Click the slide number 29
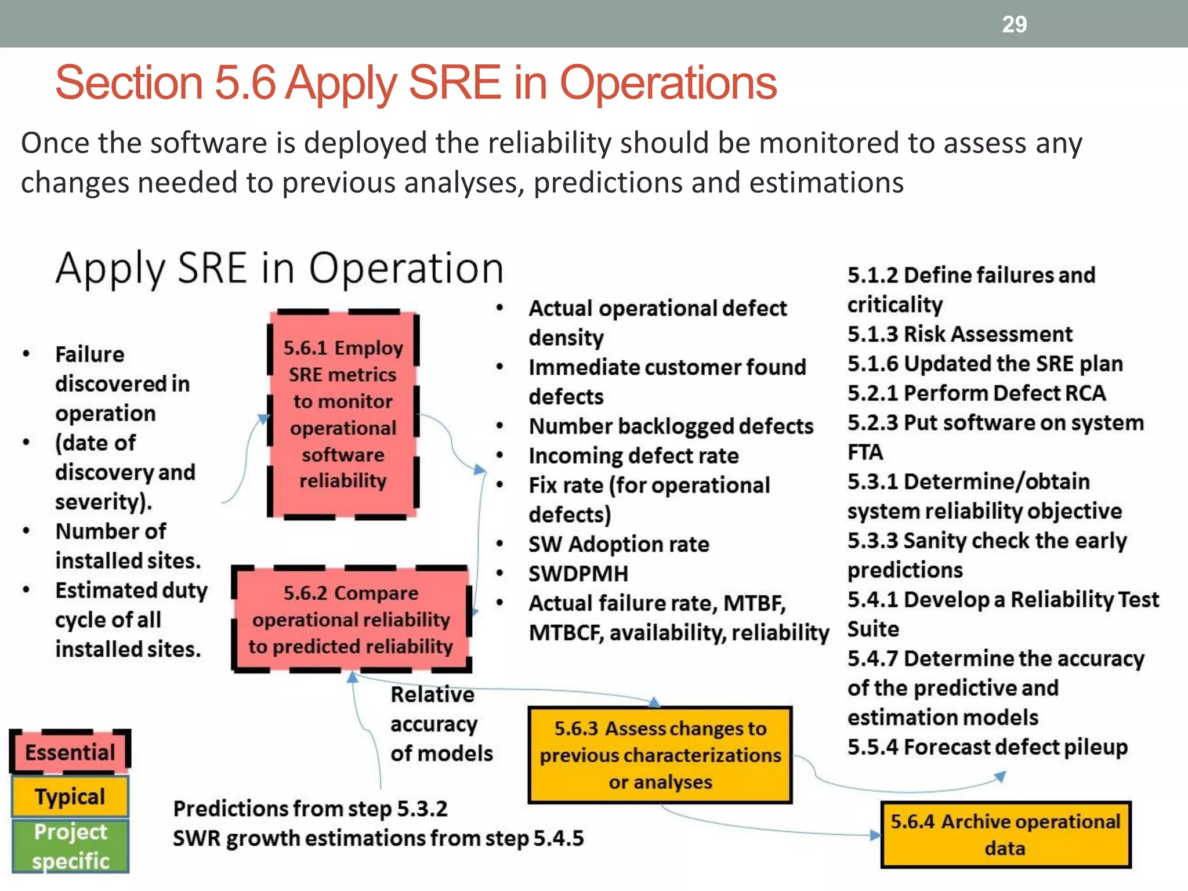coord(1014,24)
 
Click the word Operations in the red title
coord(668,83)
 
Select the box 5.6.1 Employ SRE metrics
coord(343,414)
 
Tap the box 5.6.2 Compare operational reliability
coord(351,620)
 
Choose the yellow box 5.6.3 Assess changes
coord(660,755)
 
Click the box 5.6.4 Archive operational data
coord(1005,835)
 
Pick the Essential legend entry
coord(70,752)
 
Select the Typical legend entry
coord(70,796)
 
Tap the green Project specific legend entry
coord(70,846)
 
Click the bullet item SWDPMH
coord(578,574)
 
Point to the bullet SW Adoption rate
coord(618,544)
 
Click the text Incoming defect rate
coord(633,456)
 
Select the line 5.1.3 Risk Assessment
coord(959,334)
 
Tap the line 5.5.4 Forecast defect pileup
coord(987,747)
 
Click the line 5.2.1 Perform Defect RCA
coord(976,393)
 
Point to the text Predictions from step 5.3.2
coord(310,809)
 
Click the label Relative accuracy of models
coord(441,724)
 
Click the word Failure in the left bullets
coord(89,354)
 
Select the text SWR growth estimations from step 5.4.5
coord(378,838)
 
